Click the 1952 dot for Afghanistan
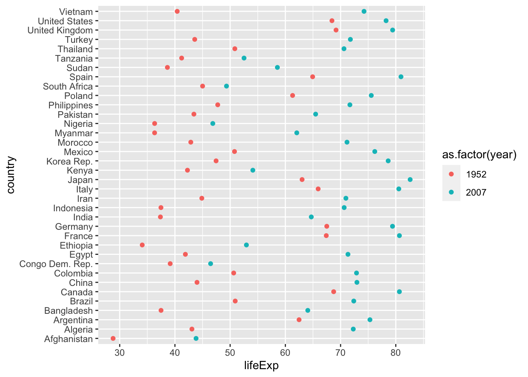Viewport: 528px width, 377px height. coord(113,339)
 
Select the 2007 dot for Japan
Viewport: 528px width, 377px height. coord(410,179)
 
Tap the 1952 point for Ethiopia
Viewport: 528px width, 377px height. coord(142,245)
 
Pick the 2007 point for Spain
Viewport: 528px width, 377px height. coord(401,77)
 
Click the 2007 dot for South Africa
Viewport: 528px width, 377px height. coord(226,86)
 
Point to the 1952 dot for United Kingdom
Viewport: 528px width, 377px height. coord(336,30)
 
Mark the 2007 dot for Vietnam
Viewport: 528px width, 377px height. coord(364,11)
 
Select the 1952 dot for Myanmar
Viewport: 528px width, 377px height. coord(154,133)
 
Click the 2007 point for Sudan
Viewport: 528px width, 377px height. coord(277,68)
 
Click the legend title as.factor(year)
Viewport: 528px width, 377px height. coord(479,155)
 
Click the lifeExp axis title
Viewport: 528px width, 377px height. coord(261,366)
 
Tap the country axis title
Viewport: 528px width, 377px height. coord(11,175)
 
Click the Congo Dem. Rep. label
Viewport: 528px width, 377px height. coord(56,264)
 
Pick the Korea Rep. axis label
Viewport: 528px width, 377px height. coord(70,161)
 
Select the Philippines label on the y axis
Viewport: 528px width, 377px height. coord(71,105)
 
